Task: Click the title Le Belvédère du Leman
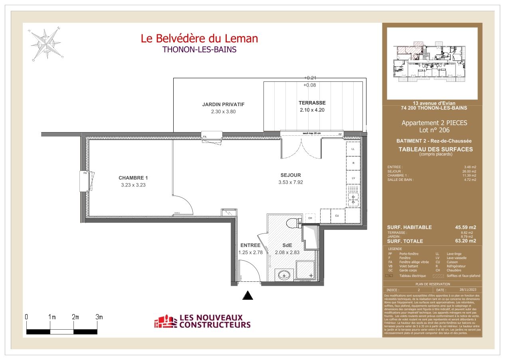[199, 38]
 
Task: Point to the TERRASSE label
[312, 103]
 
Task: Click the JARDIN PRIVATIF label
[223, 105]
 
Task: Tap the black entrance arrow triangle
[248, 295]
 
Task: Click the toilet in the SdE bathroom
[293, 222]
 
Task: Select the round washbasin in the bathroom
[284, 275]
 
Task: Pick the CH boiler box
[310, 218]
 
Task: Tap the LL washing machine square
[353, 149]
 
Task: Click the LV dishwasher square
[353, 178]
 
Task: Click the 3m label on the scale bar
[99, 317]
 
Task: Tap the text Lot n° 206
[434, 130]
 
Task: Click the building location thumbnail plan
[432, 63]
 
